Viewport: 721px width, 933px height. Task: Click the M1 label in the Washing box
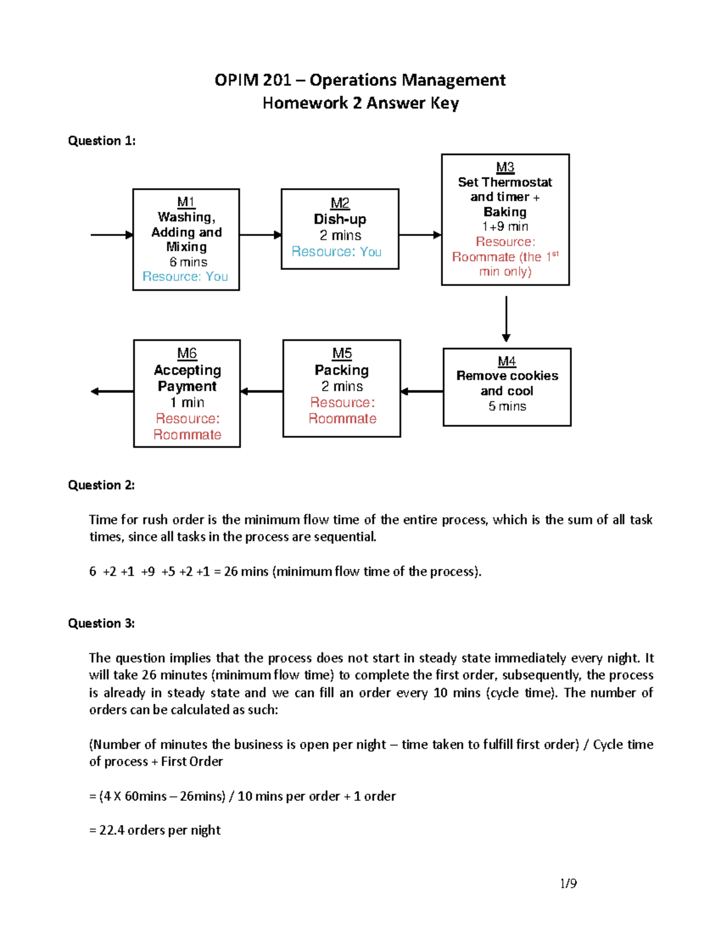point(186,202)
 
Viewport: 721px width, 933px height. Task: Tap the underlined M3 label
point(505,167)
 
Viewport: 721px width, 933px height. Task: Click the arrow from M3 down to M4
point(506,318)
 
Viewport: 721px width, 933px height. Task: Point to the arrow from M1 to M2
point(260,235)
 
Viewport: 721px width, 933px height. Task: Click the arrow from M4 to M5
point(422,392)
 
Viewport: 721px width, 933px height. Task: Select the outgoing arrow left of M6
point(112,392)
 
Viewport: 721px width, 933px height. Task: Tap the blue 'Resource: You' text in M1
point(185,276)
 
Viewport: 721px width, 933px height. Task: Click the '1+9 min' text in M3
point(505,226)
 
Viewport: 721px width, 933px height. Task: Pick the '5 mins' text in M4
point(507,406)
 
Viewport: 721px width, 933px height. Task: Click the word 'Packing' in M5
point(341,370)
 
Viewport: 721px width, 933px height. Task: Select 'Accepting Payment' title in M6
point(187,378)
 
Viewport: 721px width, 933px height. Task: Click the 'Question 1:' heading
point(102,141)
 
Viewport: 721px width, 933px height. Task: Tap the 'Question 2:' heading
point(101,485)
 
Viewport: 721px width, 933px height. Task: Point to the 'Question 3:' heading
point(101,623)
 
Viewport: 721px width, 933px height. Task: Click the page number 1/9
point(568,883)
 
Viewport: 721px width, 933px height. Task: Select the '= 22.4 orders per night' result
point(154,830)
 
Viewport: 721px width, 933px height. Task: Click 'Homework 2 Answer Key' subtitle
point(360,103)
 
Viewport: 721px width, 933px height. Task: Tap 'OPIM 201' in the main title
point(252,80)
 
